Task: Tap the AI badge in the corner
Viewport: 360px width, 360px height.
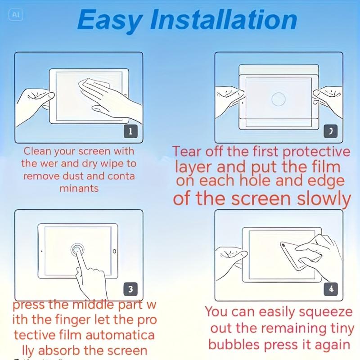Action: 15,14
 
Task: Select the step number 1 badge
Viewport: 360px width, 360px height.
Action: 130,131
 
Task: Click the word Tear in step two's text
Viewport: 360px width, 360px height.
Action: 190,152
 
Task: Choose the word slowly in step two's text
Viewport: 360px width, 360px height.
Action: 320,198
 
